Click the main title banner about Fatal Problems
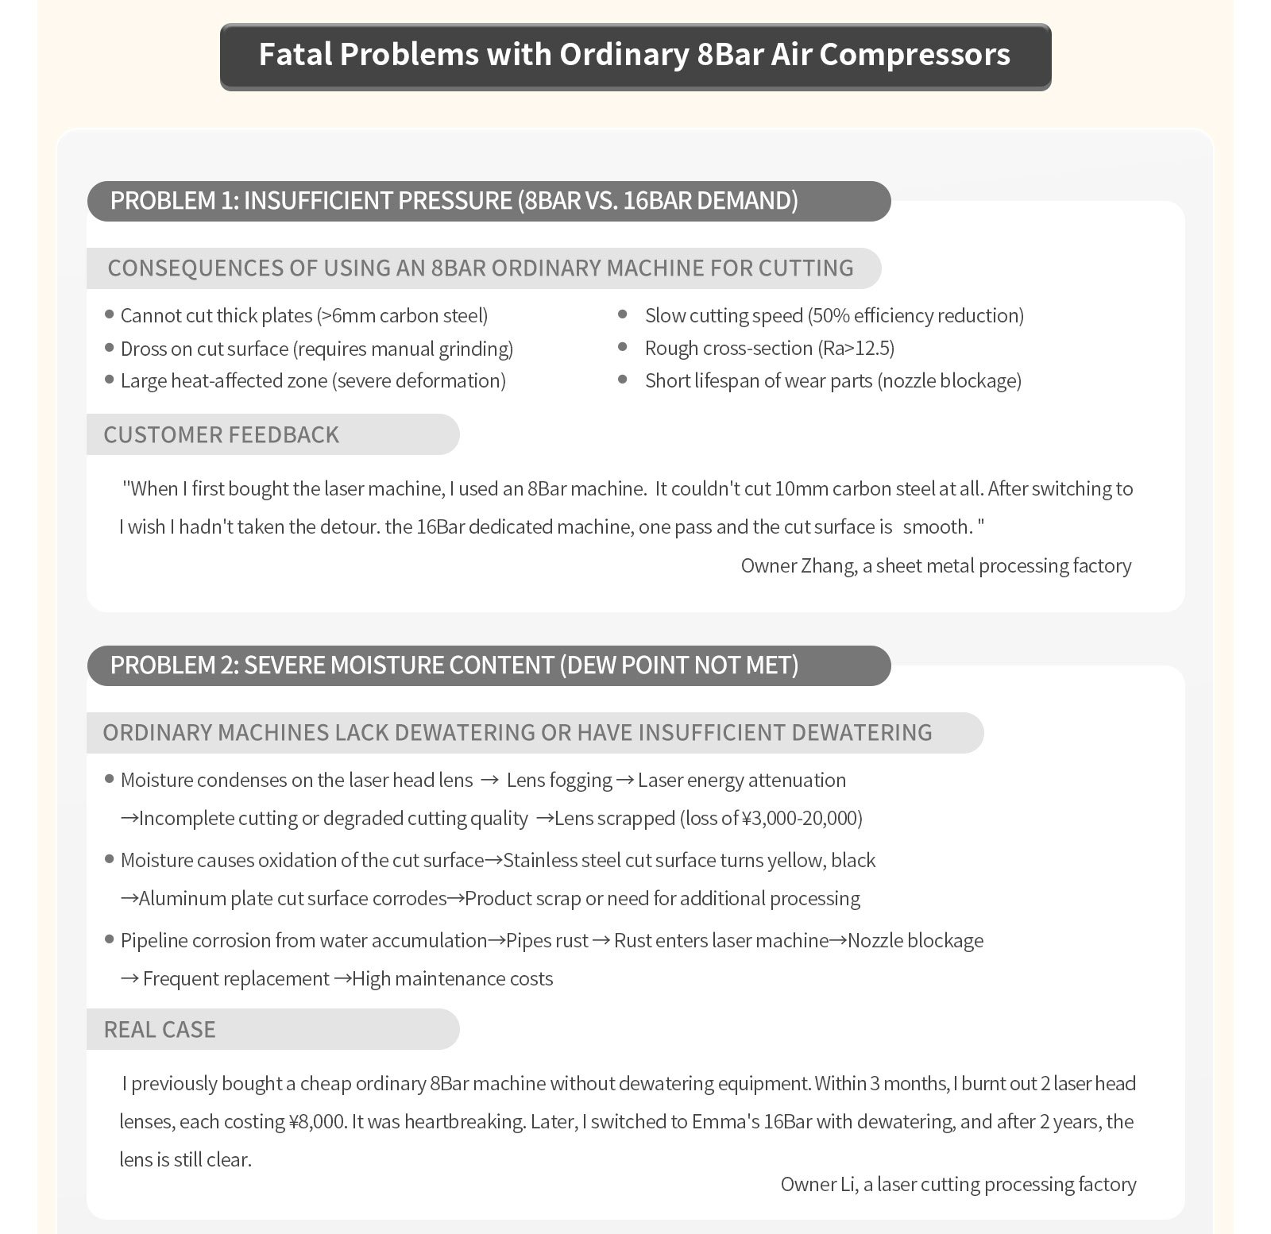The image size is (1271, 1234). (635, 56)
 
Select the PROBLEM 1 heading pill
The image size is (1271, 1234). (489, 201)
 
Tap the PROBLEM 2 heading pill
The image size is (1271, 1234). (489, 665)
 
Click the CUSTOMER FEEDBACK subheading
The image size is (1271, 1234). (222, 435)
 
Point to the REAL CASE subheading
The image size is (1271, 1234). (160, 1030)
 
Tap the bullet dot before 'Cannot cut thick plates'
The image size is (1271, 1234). (110, 315)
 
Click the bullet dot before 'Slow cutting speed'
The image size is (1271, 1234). (623, 315)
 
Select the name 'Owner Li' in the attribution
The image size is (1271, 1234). (818, 1185)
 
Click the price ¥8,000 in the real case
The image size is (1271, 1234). (315, 1122)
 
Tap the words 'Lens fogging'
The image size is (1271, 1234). (559, 781)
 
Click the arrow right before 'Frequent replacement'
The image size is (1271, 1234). (129, 979)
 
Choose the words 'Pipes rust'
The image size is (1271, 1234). (547, 941)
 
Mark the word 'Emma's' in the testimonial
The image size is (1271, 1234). (725, 1122)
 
